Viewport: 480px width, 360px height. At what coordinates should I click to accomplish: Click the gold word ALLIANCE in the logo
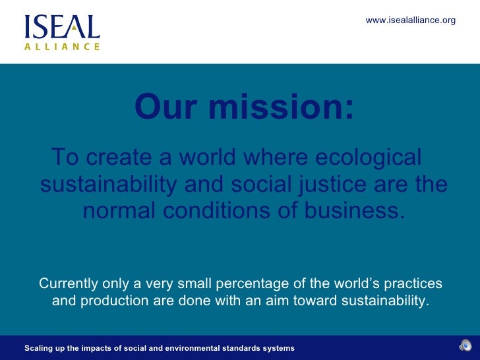tap(62, 47)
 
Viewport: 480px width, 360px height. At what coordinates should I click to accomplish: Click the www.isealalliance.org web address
tap(410, 20)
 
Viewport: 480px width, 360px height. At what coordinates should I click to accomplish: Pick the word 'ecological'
tap(369, 158)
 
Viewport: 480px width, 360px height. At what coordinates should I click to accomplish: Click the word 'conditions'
tap(227, 212)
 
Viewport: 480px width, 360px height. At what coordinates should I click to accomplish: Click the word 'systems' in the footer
tap(278, 347)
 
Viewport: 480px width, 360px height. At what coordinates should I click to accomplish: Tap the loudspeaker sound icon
tap(465, 346)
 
